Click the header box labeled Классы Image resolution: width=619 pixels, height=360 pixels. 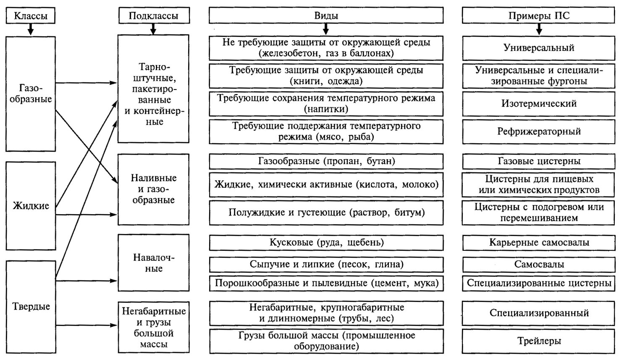tap(30, 16)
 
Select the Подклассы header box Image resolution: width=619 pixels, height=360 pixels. tap(153, 16)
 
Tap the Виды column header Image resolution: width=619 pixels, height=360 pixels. tap(326, 16)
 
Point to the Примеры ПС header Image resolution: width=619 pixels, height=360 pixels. tap(539, 16)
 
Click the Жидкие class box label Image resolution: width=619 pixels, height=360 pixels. tap(31, 206)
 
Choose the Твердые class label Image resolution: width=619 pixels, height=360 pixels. tap(31, 306)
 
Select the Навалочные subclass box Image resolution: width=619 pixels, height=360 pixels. tap(153, 263)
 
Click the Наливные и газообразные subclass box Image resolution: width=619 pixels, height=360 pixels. tap(153, 189)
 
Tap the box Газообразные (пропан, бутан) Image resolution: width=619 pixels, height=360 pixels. tap(326, 161)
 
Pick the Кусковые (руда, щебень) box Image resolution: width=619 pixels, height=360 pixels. tap(326, 243)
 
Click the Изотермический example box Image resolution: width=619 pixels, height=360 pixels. tap(539, 104)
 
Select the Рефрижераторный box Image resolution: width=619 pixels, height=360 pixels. tap(539, 131)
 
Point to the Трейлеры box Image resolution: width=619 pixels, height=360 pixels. tap(539, 341)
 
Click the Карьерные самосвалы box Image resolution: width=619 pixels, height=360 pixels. tap(539, 243)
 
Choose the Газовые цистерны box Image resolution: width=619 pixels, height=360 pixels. tap(539, 161)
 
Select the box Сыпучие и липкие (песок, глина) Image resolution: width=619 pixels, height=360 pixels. tap(326, 265)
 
